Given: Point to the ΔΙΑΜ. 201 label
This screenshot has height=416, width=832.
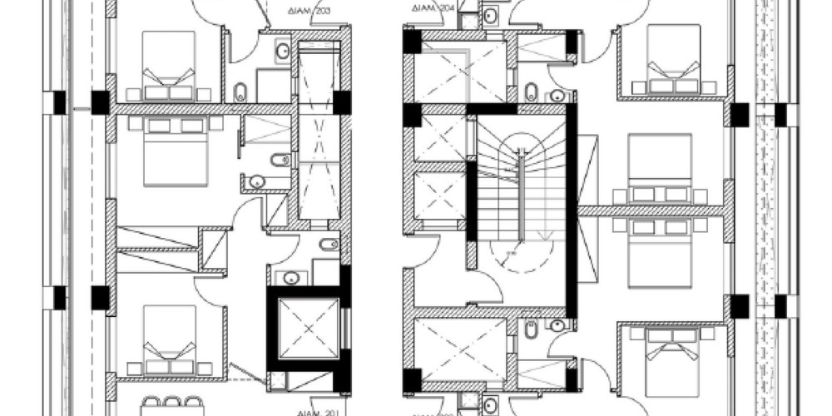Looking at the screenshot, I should pos(317,411).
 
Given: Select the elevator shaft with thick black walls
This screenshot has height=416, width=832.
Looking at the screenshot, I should pos(307,329).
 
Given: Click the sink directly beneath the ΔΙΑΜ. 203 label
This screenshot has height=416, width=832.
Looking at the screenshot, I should pos(283,51).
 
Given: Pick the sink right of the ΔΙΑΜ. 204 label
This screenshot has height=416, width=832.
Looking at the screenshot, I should pos(491,14).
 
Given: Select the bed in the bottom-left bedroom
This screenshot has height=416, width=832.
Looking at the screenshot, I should pos(169,339).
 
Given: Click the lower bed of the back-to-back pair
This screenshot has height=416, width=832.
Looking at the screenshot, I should pos(660,250).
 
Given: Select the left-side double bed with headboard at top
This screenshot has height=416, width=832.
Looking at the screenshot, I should pos(176,150).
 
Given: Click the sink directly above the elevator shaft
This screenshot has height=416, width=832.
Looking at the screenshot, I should pos(291,278).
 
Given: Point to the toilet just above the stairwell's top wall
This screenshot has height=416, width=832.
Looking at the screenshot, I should pos(531,91).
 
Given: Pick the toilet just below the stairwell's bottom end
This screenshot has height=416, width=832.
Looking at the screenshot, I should pos(531,330).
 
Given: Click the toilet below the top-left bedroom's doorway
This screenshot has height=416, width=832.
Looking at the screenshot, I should pos(241,91).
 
